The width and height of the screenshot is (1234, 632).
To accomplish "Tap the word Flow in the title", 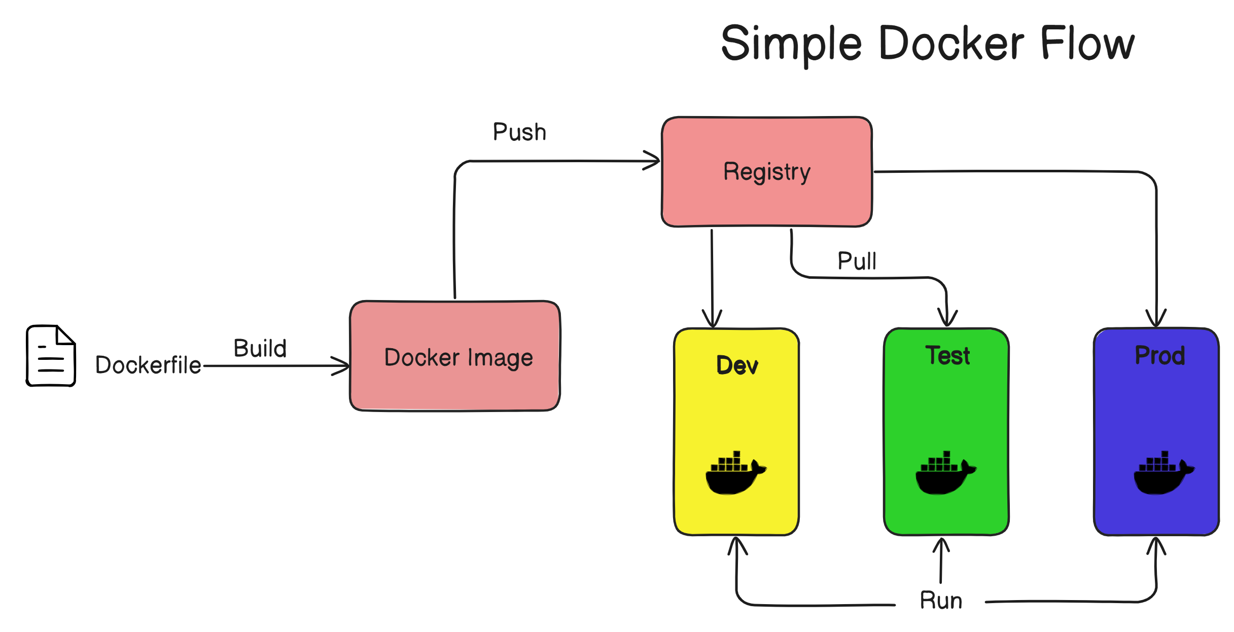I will (1087, 44).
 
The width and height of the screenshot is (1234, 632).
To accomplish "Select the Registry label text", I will (766, 172).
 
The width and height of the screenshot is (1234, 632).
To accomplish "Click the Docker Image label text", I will (459, 358).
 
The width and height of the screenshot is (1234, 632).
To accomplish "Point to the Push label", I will (519, 132).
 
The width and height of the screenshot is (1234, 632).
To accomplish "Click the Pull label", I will (857, 262).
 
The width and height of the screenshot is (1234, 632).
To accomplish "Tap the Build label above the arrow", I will (260, 349).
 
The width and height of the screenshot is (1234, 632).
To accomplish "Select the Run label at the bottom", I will (941, 601).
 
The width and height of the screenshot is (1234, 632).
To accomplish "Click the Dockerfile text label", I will (148, 365).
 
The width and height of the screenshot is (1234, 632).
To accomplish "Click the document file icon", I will (51, 356).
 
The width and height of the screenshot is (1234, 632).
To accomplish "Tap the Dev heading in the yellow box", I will (737, 365).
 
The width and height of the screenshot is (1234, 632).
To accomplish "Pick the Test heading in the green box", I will (947, 355).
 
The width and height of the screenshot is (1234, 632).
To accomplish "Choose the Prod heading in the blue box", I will (1159, 355).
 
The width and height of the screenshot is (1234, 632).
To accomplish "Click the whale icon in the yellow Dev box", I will (735, 473).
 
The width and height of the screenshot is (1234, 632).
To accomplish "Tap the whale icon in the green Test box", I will (945, 473).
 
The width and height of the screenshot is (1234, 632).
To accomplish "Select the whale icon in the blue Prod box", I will (1163, 473).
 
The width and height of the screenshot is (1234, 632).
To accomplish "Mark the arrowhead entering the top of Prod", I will (1156, 319).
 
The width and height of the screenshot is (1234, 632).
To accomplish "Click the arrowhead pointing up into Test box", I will (941, 545).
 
